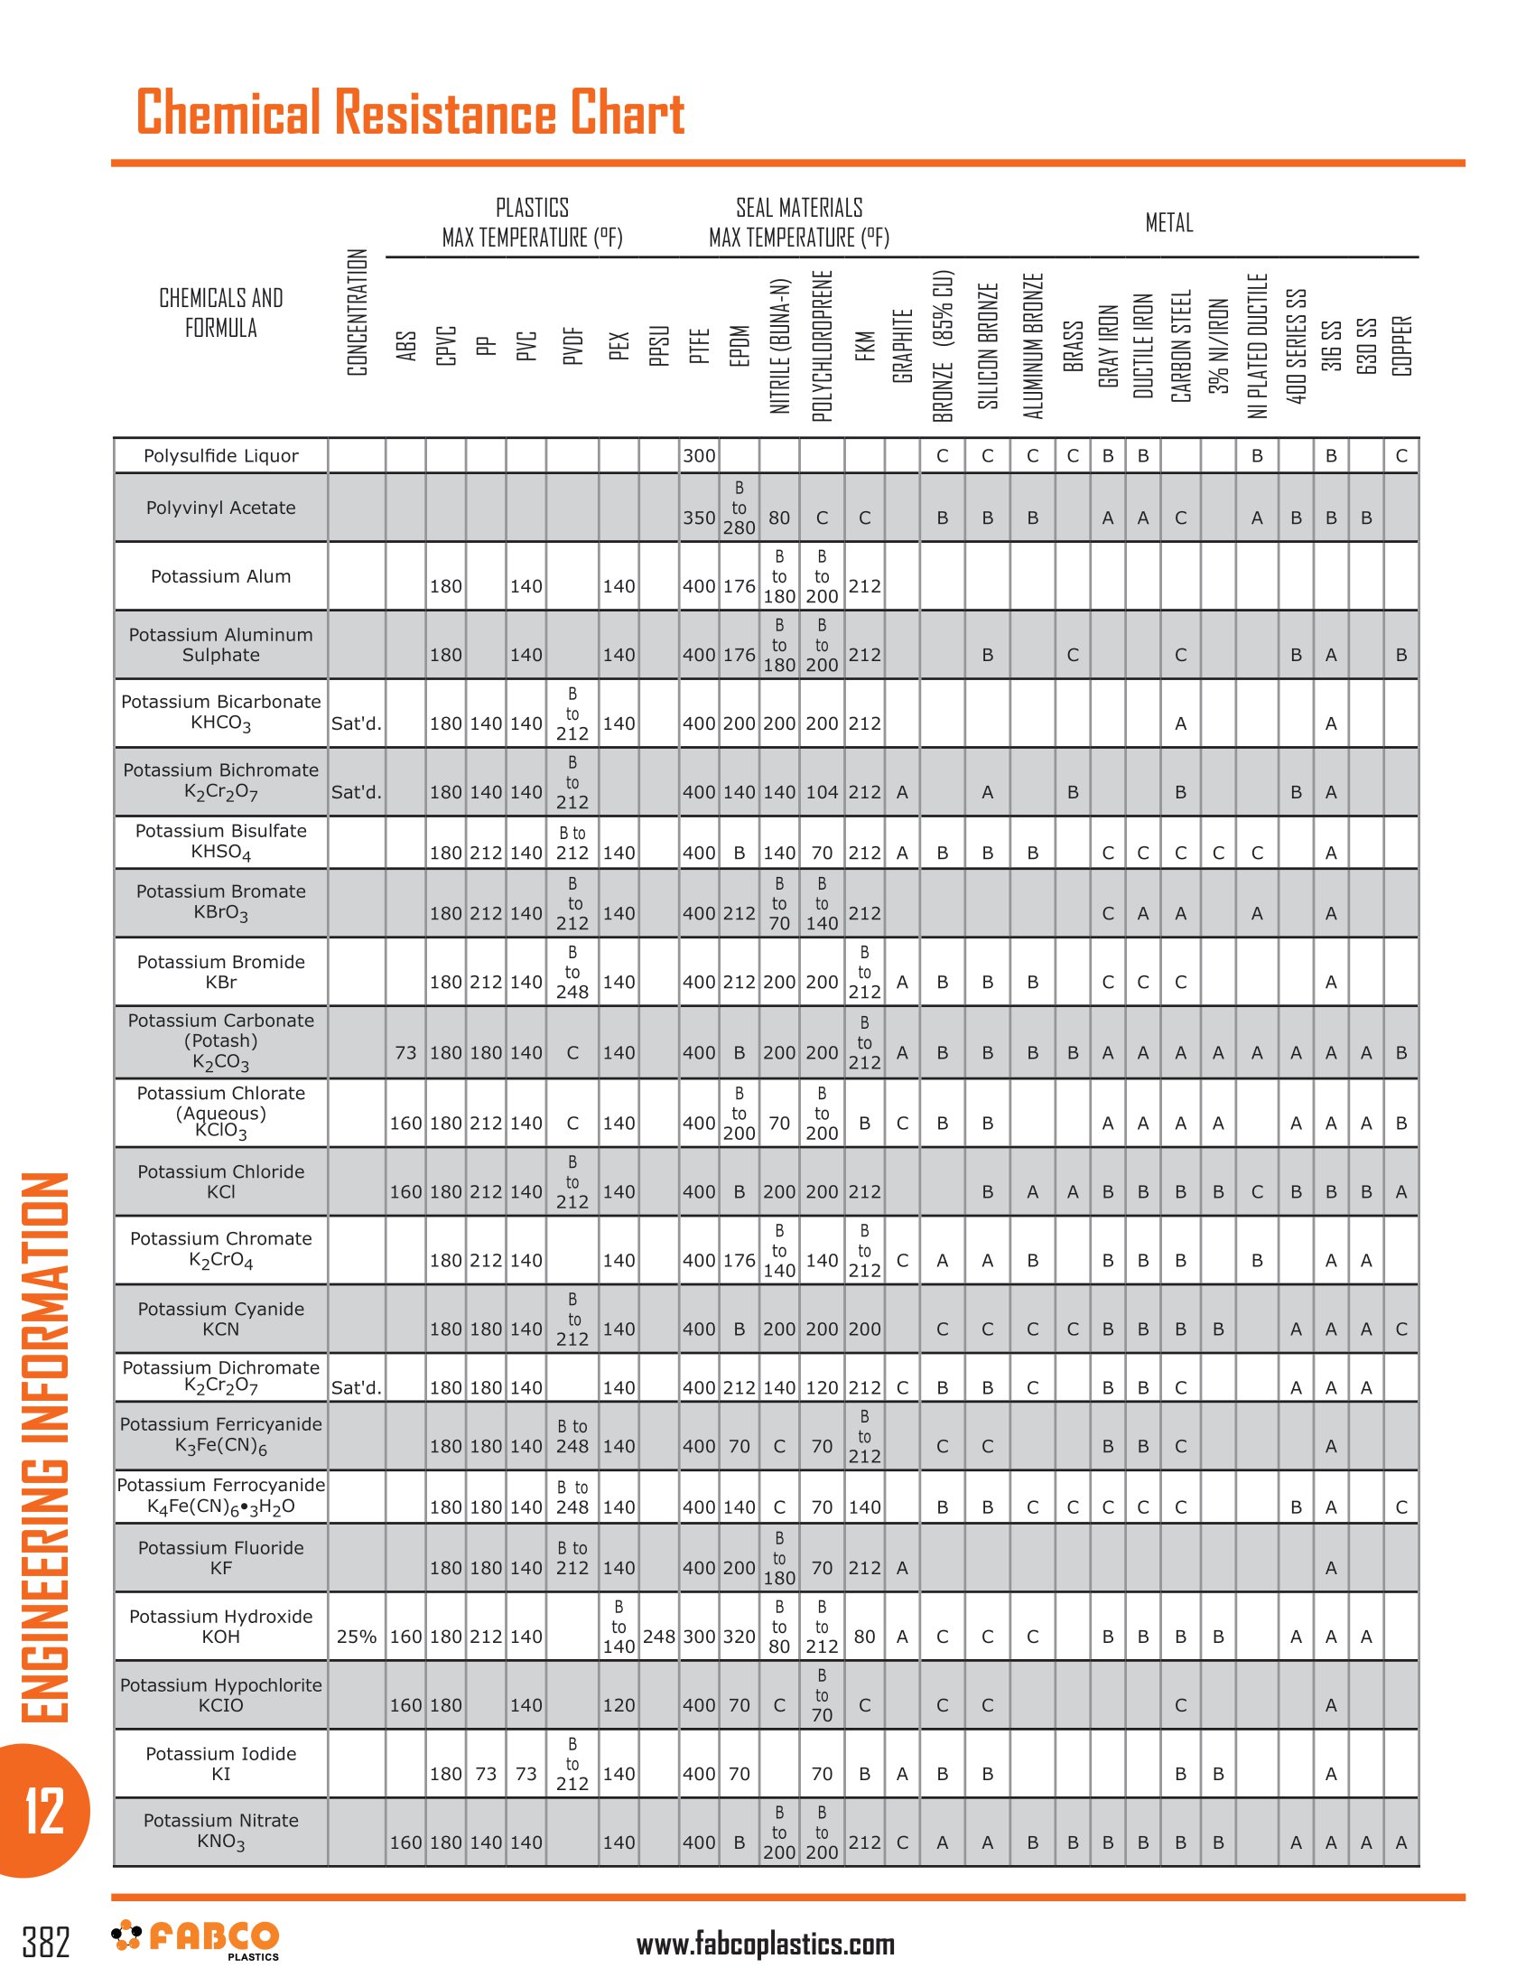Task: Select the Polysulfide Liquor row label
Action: click(221, 456)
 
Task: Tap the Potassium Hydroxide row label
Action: click(221, 1627)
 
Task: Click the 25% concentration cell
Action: click(357, 1637)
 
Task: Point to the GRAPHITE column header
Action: click(902, 346)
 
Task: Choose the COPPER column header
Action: click(1401, 346)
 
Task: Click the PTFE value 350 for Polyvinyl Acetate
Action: click(699, 518)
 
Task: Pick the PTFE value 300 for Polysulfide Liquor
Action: click(699, 456)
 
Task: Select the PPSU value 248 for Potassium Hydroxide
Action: click(659, 1637)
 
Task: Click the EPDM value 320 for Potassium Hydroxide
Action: click(740, 1637)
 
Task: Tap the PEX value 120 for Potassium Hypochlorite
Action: click(619, 1705)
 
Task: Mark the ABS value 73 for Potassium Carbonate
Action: click(405, 1052)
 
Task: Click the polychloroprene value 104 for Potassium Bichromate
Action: click(822, 792)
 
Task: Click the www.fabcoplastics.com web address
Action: click(766, 1945)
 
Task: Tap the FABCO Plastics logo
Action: click(196, 1940)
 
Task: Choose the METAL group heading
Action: click(1168, 223)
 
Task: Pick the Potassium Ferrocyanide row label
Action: click(221, 1496)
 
